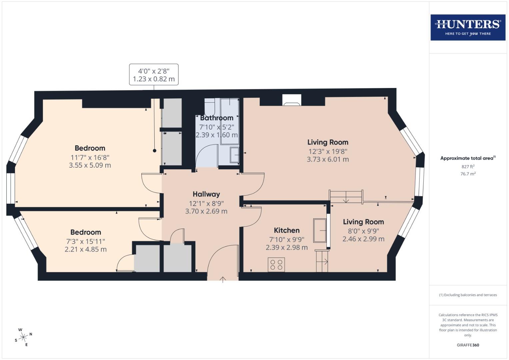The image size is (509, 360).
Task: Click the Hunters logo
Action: pos(468,27)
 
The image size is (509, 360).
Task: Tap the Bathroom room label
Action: pos(217,118)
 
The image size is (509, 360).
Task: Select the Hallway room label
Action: pos(206,194)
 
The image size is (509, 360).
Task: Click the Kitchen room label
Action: pos(286,230)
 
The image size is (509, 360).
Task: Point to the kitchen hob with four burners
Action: pos(276,265)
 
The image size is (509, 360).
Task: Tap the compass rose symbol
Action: pos(23,337)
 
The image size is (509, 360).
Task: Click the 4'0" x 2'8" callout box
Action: pos(154,75)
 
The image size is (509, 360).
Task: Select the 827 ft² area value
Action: pos(468,166)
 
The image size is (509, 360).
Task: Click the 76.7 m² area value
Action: pos(468,174)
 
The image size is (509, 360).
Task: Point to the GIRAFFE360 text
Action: pos(468,345)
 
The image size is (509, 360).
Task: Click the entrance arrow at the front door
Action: pos(223,279)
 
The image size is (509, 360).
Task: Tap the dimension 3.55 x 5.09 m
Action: pos(90,165)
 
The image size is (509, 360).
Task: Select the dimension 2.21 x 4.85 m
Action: pos(86,249)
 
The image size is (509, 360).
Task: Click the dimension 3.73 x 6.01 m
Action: pos(328,159)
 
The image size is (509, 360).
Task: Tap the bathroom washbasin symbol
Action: pos(235,155)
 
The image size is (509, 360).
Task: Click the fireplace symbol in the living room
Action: pos(292,100)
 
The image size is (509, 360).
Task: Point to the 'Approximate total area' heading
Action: pos(468,158)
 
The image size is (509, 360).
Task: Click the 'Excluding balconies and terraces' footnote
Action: pos(468,295)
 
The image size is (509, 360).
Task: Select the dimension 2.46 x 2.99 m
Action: pos(363,239)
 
